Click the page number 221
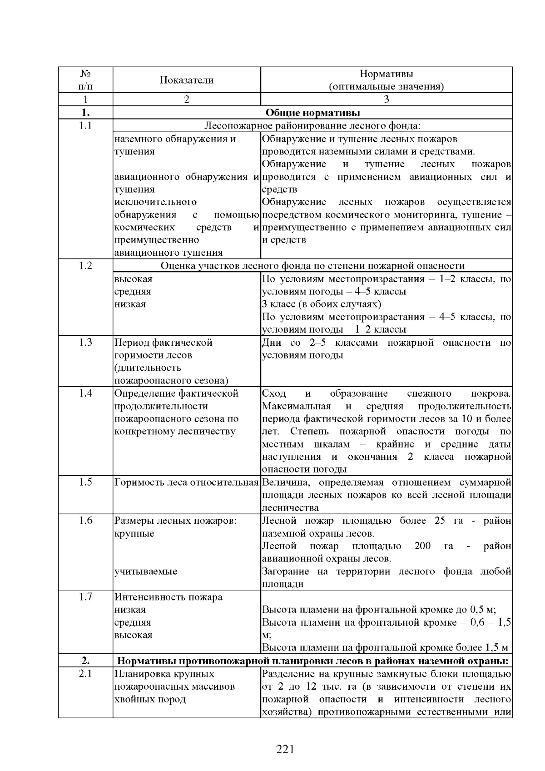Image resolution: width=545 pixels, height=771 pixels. (x=285, y=749)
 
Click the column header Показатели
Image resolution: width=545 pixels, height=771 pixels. (x=186, y=80)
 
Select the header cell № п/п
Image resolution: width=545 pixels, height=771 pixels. (x=85, y=80)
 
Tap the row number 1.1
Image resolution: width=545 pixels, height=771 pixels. (x=85, y=126)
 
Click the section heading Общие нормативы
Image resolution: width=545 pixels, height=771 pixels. (x=312, y=113)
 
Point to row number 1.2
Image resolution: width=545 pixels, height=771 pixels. (x=85, y=266)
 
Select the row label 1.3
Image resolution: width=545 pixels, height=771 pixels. (x=85, y=343)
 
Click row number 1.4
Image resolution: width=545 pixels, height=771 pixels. (x=85, y=393)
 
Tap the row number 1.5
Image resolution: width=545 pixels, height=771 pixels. (x=85, y=482)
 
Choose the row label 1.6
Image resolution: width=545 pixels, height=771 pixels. (x=85, y=521)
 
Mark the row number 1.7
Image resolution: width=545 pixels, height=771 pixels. (x=85, y=597)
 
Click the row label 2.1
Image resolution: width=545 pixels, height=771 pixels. (x=85, y=674)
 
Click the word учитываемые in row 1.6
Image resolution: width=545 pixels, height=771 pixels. (x=145, y=572)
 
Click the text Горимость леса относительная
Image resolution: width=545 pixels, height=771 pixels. (x=186, y=482)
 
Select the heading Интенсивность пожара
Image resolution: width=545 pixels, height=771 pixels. (x=168, y=597)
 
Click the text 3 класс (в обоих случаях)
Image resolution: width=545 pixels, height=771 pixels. (x=321, y=304)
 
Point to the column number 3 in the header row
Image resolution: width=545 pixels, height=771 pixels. (x=386, y=99)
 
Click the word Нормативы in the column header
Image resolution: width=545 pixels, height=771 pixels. (x=386, y=74)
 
